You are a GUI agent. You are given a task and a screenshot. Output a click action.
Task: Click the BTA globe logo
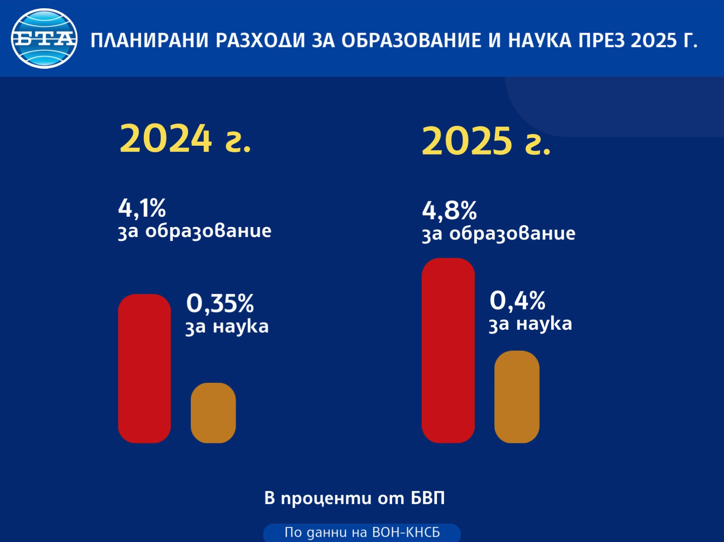coord(44,39)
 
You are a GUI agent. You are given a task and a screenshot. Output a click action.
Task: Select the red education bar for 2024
coord(144,368)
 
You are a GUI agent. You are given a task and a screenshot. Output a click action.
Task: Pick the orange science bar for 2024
coord(213,413)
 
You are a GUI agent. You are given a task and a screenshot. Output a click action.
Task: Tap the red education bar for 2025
coord(448,351)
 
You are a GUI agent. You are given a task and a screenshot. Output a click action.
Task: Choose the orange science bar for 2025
coord(517,397)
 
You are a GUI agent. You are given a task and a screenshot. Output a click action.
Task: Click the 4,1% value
coord(142,208)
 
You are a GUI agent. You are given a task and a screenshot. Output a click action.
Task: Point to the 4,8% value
coord(449,211)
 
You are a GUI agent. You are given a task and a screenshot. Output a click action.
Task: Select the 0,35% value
coord(220,303)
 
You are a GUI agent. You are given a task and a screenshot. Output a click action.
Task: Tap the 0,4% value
coord(517,301)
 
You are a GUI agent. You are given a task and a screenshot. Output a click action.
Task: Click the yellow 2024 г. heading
coord(185,139)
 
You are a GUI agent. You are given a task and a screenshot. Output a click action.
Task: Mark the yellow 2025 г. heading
coord(486,141)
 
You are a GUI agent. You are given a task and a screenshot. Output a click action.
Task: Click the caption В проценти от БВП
coord(355,498)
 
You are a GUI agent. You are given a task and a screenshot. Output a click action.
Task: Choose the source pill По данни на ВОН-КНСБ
coord(362,532)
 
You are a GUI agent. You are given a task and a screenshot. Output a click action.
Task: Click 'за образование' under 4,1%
coord(195,231)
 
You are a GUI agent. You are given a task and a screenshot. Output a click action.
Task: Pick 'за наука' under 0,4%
coord(530,324)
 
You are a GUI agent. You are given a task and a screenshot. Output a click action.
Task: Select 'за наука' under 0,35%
coord(227,327)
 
